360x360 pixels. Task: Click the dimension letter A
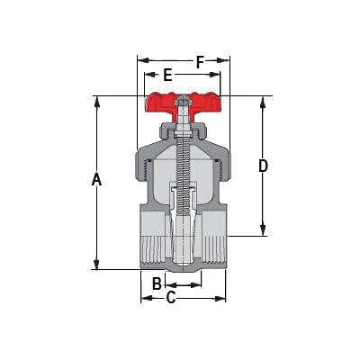(96, 180)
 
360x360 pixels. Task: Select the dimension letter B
(157, 283)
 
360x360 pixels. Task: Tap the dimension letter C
(171, 298)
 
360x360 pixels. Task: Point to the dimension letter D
(263, 166)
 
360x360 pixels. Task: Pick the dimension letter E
(167, 75)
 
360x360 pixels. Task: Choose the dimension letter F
(200, 62)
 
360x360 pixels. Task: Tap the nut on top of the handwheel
(182, 100)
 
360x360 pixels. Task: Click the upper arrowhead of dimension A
(96, 102)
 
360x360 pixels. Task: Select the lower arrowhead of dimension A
(96, 264)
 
